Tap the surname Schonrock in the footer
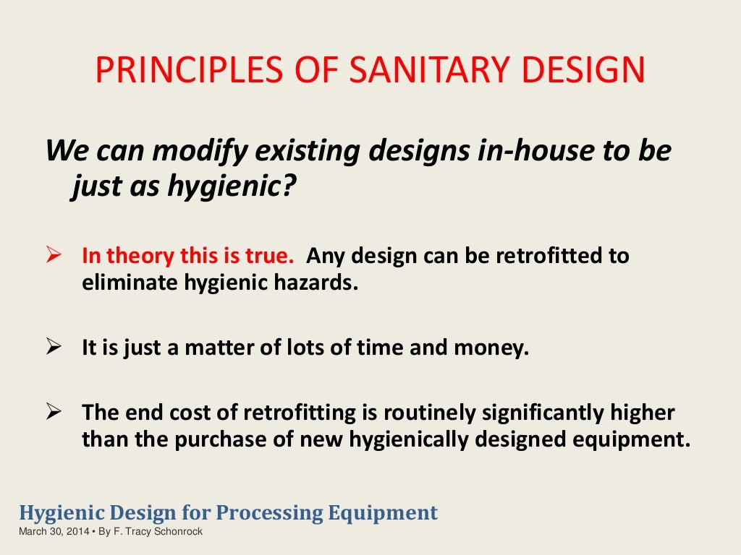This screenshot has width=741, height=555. pos(179,532)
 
